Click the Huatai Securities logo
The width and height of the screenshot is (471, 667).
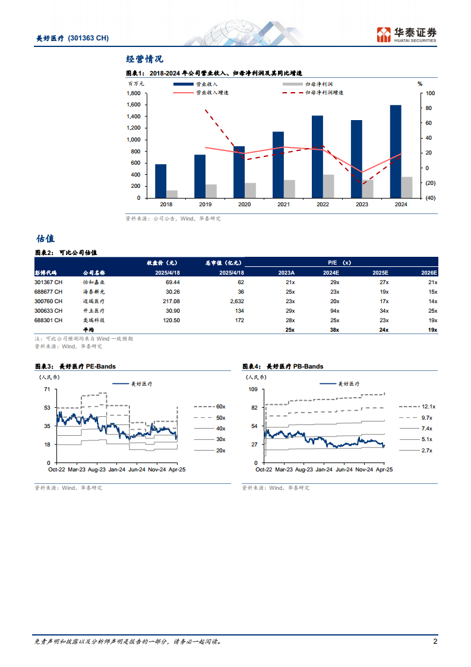tap(407, 34)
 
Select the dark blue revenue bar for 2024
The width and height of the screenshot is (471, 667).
tap(395, 151)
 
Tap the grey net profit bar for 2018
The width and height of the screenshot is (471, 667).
tap(172, 194)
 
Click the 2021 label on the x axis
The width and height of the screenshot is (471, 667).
tap(283, 204)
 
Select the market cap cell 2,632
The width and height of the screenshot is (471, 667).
tap(236, 301)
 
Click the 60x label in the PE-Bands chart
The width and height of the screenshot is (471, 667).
tap(220, 407)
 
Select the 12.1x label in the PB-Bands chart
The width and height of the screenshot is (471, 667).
tap(428, 407)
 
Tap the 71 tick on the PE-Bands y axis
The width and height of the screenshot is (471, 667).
tap(47, 389)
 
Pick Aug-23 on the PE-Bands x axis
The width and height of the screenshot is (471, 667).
tap(97, 469)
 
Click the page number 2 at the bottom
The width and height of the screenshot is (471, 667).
tap(435, 641)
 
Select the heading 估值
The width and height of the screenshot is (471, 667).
tap(45, 238)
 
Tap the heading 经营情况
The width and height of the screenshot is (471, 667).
tap(144, 59)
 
